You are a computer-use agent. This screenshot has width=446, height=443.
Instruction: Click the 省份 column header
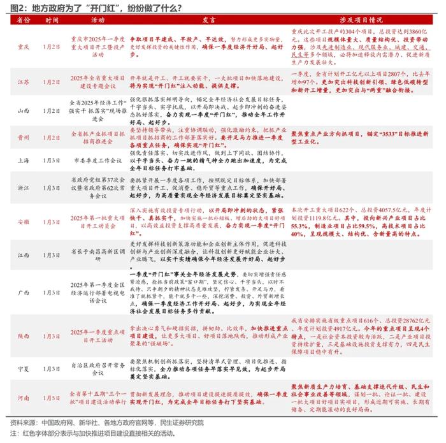pos(23,20)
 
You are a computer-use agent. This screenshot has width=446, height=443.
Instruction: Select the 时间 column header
pos(52,20)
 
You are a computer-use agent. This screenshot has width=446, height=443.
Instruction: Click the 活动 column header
pos(97,20)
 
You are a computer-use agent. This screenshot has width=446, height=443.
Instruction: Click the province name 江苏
pos(23,82)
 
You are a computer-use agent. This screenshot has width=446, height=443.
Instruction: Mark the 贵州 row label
pos(23,136)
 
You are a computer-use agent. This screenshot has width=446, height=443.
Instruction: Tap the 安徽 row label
pos(23,222)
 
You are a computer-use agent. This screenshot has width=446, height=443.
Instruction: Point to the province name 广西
pos(23,293)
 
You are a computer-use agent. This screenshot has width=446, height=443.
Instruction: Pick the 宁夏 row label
pos(23,369)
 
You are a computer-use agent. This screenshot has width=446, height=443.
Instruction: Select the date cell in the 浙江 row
pos(52,189)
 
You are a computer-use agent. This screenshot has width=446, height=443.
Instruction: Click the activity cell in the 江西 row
pos(97,255)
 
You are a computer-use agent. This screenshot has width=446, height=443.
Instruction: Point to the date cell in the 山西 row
pos(52,110)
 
